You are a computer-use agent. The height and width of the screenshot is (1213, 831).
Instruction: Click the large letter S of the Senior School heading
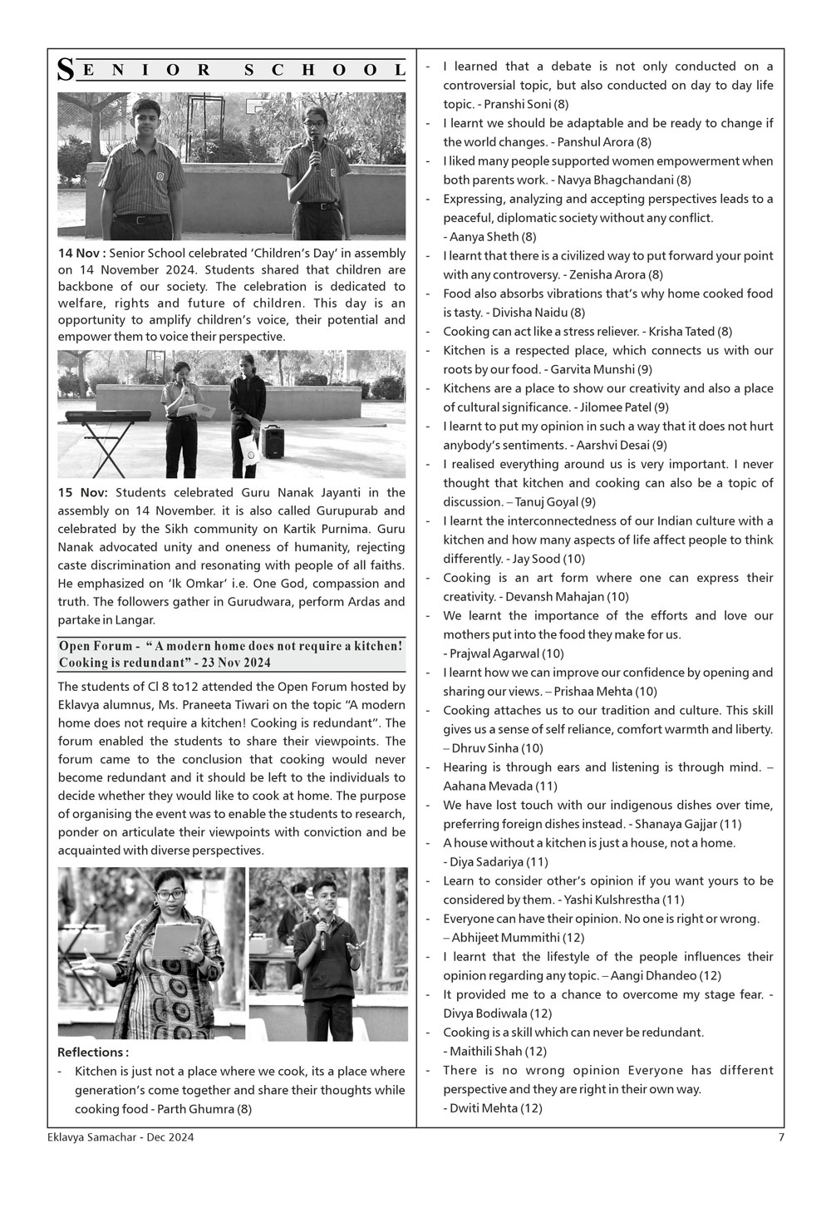(64, 71)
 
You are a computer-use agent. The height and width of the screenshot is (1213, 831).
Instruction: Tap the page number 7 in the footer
(780, 1138)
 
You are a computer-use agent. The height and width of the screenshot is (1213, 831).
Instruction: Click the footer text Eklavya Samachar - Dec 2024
(120, 1138)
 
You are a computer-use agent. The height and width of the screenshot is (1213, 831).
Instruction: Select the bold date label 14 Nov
(81, 253)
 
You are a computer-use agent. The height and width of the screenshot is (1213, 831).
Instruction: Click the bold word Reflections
(92, 1053)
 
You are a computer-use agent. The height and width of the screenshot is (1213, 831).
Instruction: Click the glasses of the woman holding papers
(171, 895)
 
